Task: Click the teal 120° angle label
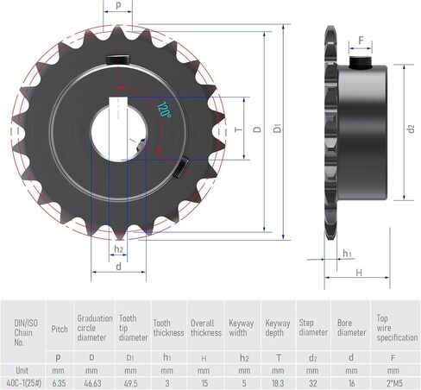pos(164,110)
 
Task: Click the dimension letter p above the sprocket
pos(118,5)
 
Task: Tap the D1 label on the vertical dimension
pos(278,128)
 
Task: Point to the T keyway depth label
pos(239,129)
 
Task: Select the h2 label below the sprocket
pos(118,249)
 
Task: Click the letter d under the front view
pos(118,267)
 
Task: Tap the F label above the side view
pos(361,41)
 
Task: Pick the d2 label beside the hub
pos(412,129)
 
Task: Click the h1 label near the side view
pos(347,254)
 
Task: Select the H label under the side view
pos(359,273)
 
